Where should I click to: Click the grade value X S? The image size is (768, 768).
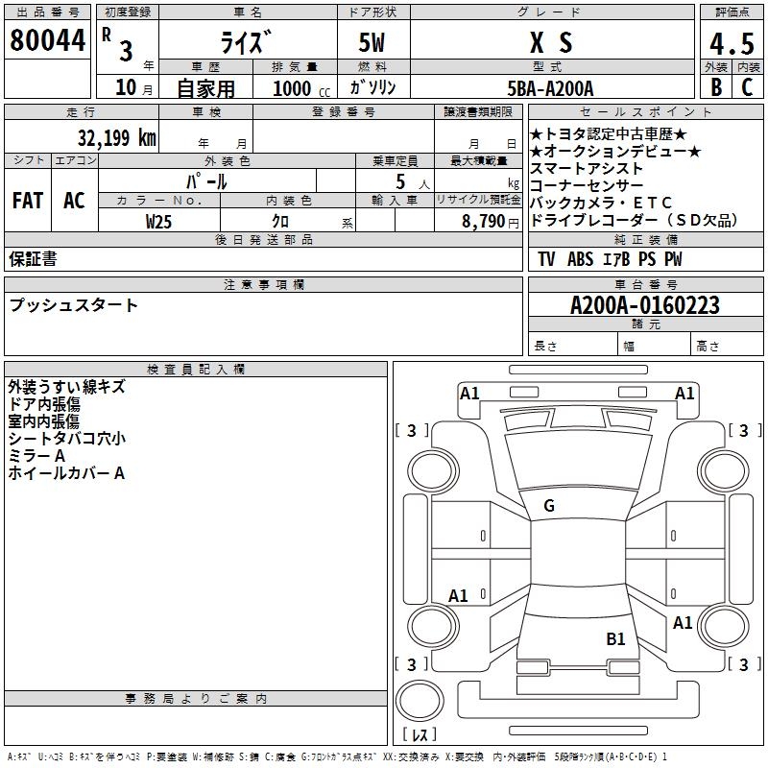(551, 42)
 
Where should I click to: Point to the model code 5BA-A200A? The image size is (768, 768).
(550, 88)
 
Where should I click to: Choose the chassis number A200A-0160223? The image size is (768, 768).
(645, 305)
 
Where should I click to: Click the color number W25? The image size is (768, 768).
(159, 221)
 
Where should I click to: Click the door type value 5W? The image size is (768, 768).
(373, 42)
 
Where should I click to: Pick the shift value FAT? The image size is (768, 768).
(28, 201)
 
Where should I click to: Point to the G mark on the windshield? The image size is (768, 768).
(549, 506)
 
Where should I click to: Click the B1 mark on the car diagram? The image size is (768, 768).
(615, 638)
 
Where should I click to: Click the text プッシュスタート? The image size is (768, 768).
(74, 305)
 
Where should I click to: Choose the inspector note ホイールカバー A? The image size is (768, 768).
(66, 473)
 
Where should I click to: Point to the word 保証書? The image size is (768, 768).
(33, 259)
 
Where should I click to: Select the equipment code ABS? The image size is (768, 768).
(580, 259)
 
